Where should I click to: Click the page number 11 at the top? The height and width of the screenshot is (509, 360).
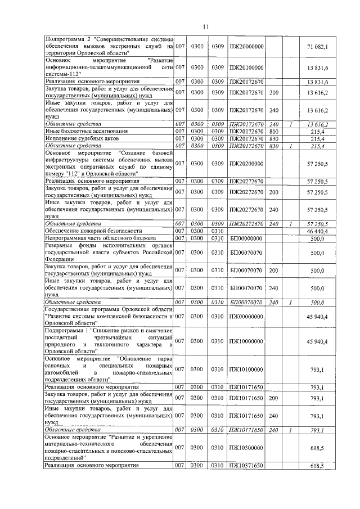click(x=206, y=26)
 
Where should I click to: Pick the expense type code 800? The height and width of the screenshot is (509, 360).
click(x=274, y=131)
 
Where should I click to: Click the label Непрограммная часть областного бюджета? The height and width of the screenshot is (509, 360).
click(x=99, y=238)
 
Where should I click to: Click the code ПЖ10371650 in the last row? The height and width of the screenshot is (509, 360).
click(x=246, y=466)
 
